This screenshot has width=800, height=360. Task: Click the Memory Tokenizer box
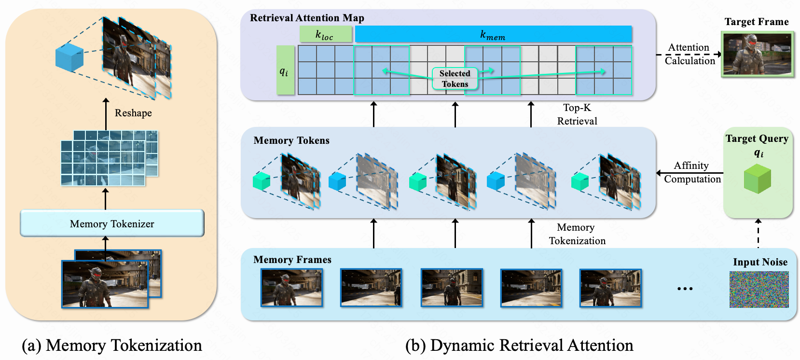pos(112,223)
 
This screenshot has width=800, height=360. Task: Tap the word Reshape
pos(133,113)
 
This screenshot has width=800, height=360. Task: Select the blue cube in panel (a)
pos(69,57)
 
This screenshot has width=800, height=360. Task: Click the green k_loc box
pos(326,34)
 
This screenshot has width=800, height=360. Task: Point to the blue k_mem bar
pos(493,34)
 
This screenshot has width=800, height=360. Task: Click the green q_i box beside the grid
pos(285,70)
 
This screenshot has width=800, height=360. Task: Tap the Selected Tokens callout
pos(455,79)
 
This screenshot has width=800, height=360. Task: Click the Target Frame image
pos(757,54)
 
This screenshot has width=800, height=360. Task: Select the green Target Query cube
pos(757,179)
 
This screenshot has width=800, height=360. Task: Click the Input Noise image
pos(759,289)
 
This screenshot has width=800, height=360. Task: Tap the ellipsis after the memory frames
pos(685,289)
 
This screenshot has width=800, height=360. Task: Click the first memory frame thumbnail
pos(291,288)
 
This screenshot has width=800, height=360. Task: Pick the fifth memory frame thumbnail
pos(610,288)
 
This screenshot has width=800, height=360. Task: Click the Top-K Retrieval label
pos(577,114)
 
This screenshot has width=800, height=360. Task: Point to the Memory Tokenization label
pos(577,234)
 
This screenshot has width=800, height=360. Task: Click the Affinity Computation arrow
pos(690,173)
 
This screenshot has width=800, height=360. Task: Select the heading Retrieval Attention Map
pos(307,18)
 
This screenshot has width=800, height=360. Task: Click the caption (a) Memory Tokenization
pos(112,346)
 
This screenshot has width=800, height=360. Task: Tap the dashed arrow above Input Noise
pos(758,233)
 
